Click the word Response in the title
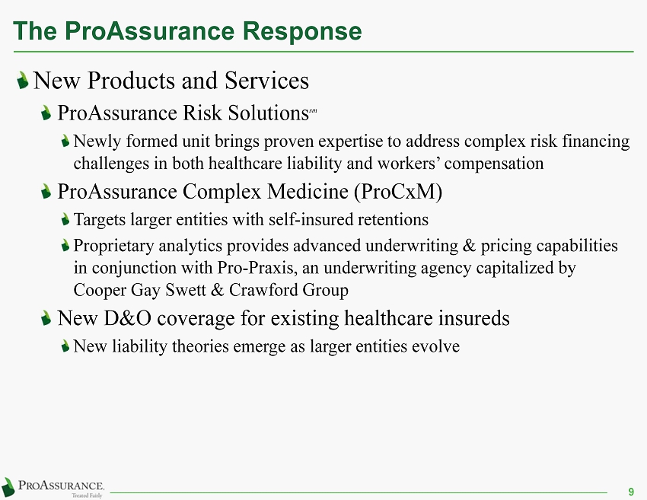tap(302, 31)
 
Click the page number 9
tap(631, 492)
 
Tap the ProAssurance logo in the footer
tap(53, 488)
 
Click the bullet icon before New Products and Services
tap(23, 80)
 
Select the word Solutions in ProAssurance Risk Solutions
tap(268, 113)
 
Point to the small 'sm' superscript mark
tap(313, 110)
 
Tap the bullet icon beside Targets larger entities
tap(65, 219)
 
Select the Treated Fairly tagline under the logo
tap(87, 495)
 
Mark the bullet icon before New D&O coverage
tap(46, 318)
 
